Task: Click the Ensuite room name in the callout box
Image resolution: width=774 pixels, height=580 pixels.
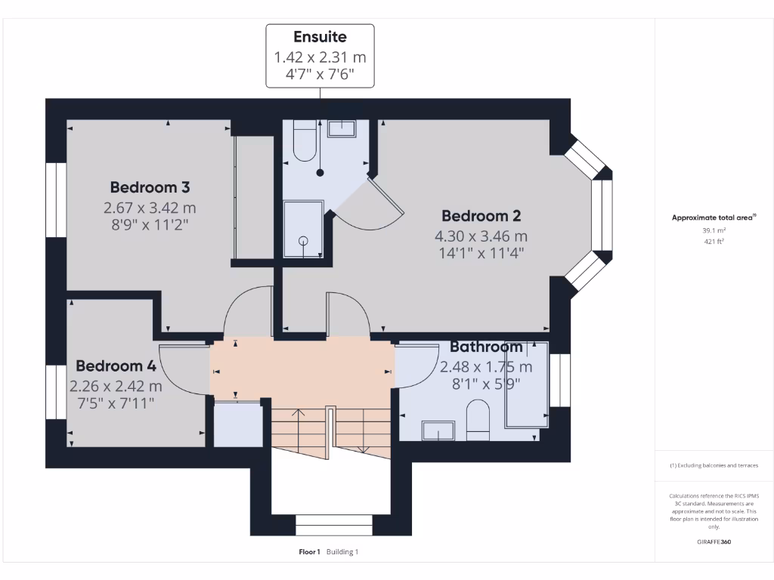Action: click(x=320, y=37)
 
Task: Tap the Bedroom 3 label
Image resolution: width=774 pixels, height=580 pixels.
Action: click(x=150, y=187)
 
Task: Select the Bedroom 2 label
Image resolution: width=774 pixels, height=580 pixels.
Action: click(x=481, y=216)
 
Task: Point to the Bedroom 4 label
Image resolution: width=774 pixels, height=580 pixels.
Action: click(x=116, y=366)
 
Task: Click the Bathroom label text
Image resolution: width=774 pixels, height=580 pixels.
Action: click(x=486, y=347)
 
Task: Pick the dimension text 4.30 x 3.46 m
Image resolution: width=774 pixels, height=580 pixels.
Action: click(x=481, y=236)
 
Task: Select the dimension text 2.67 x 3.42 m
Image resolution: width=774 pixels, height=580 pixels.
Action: click(x=150, y=208)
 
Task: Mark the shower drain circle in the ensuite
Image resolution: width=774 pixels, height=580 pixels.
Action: click(x=303, y=241)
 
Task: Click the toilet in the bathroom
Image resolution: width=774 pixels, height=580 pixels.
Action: click(x=478, y=420)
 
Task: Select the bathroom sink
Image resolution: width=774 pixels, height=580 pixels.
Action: click(x=437, y=431)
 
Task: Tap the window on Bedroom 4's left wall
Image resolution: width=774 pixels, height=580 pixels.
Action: click(x=56, y=393)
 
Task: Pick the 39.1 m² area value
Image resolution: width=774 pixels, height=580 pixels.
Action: click(x=714, y=231)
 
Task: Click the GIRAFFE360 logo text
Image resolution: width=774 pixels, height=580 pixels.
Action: click(x=714, y=542)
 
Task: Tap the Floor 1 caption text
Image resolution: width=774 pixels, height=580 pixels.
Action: click(x=310, y=552)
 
